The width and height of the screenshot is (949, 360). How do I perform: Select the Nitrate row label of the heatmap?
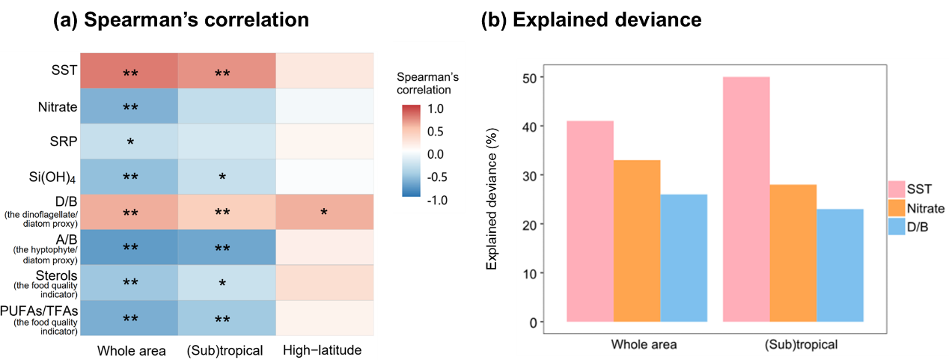coord(58,106)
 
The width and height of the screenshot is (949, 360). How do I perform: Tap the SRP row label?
coord(64,141)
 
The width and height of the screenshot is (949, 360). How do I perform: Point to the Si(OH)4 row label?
coord(53,177)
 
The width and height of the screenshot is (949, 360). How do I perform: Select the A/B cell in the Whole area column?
coord(129,248)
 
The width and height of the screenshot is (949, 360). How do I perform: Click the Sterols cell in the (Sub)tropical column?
coord(227,283)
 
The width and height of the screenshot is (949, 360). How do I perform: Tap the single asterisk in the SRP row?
coord(130,142)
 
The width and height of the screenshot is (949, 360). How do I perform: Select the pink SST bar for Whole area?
coord(591,221)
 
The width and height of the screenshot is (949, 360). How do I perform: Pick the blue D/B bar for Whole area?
coord(684,258)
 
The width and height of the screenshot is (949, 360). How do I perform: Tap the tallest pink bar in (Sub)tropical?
coord(746,199)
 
